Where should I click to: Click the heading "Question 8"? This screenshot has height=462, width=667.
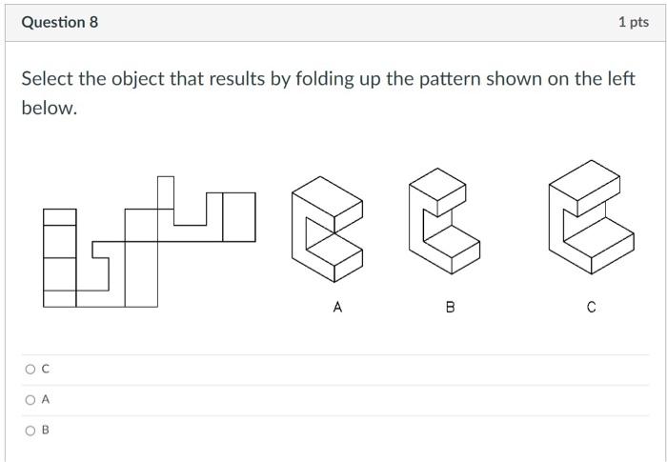[x=59, y=22]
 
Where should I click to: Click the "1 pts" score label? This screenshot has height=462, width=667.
[x=633, y=22]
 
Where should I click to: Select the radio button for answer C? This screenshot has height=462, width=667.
[x=30, y=369]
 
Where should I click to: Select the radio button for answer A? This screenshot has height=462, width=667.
[x=30, y=399]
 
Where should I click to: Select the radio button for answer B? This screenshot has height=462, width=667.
[x=30, y=430]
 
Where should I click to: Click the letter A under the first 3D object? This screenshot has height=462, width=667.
[x=337, y=307]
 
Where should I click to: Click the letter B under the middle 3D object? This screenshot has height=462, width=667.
[x=450, y=307]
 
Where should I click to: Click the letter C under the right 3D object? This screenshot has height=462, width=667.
[x=591, y=307]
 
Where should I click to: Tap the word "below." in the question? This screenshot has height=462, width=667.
[x=48, y=108]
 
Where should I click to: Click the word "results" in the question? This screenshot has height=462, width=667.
[x=231, y=79]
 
